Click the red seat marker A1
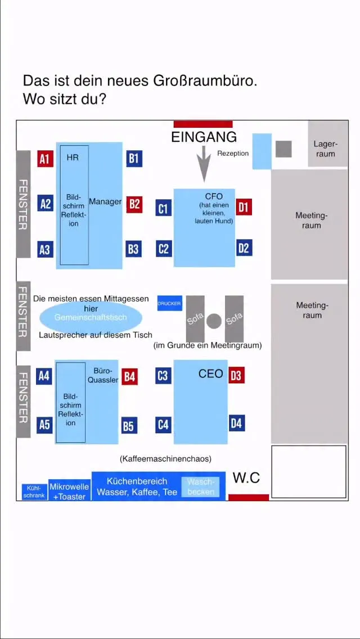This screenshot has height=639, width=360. click(x=45, y=159)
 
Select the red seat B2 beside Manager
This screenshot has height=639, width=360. click(x=134, y=204)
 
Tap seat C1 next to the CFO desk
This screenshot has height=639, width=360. click(x=163, y=209)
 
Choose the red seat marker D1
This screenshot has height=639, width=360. click(x=243, y=207)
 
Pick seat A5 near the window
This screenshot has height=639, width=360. click(x=44, y=425)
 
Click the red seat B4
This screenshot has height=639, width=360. click(x=129, y=376)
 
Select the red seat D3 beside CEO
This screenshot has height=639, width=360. click(x=236, y=375)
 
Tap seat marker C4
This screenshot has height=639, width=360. click(x=163, y=424)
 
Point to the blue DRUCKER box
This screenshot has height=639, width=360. click(x=169, y=303)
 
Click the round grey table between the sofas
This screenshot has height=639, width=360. click(x=214, y=321)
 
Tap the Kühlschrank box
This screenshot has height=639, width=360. click(x=34, y=492)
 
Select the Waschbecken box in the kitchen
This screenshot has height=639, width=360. click(x=201, y=487)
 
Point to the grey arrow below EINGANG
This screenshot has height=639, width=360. click(x=204, y=163)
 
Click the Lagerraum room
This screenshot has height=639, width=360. click(x=327, y=144)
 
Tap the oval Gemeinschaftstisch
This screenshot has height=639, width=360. click(x=91, y=318)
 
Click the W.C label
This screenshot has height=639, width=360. click(x=246, y=478)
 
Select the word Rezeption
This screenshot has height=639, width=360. click(x=233, y=153)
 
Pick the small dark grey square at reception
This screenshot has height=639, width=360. click(x=283, y=149)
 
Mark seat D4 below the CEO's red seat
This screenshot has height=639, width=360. click(x=236, y=423)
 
